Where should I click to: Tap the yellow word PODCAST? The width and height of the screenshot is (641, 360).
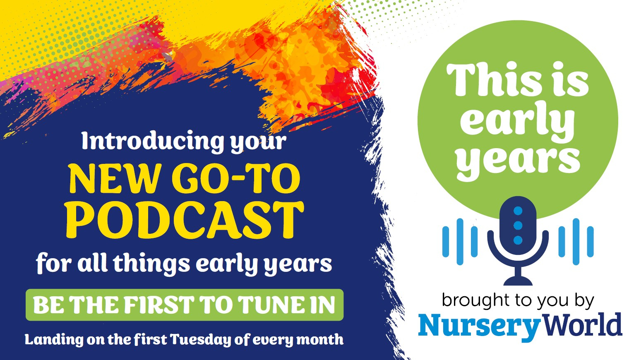pos(185,220)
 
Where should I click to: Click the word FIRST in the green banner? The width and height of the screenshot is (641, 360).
pos(159,305)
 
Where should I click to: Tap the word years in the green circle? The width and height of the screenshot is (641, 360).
pos(518,162)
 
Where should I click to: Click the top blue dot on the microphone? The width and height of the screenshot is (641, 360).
pos(518,211)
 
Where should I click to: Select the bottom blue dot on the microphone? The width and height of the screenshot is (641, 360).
pos(518,240)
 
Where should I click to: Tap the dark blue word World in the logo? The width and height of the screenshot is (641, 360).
pos(581,324)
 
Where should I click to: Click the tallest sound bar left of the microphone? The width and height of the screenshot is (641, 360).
pos(460,242)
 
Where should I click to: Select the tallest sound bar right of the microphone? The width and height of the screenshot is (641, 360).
pos(576,242)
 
